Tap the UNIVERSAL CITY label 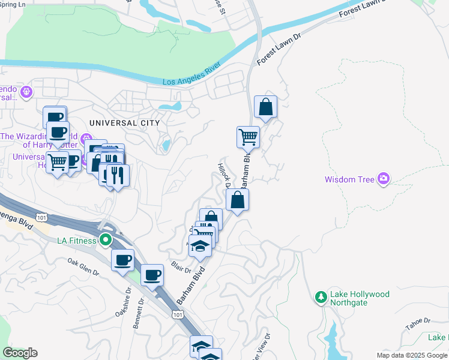(x=124, y=122)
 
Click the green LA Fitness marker (x=106, y=241)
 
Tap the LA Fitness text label (x=76, y=241)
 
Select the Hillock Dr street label (x=224, y=175)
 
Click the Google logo (x=20, y=353)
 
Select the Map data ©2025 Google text (x=411, y=355)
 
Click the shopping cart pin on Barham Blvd (x=248, y=137)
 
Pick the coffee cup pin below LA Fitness (x=122, y=260)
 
